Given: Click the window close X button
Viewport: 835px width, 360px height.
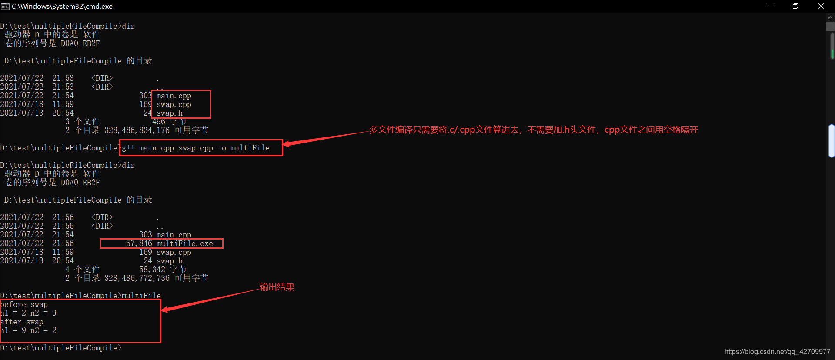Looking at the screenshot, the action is [x=821, y=6].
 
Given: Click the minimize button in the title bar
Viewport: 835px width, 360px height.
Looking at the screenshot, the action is [x=770, y=6].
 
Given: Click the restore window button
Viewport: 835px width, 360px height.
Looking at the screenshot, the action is [x=795, y=6].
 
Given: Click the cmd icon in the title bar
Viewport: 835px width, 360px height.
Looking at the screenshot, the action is [x=5, y=6].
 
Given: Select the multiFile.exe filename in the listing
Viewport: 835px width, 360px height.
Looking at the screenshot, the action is [x=185, y=243].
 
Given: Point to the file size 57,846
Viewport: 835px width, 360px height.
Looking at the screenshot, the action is [x=139, y=243].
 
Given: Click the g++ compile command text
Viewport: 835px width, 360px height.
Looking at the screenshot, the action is [x=196, y=148].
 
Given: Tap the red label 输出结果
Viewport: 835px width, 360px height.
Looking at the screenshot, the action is [x=277, y=287].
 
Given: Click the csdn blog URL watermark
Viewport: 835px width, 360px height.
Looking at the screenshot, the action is [x=777, y=352].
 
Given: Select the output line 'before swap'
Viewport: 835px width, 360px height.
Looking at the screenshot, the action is [x=24, y=304].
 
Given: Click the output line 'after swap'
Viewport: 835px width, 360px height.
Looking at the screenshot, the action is [x=22, y=322].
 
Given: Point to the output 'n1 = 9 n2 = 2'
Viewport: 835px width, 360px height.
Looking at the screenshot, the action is [x=28, y=330].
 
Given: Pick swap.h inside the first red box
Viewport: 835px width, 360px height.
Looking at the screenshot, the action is [x=170, y=113].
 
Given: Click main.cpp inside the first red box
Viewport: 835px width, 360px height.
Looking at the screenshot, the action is [x=174, y=96].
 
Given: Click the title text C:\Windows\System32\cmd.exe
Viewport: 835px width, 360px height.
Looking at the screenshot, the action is [x=62, y=6].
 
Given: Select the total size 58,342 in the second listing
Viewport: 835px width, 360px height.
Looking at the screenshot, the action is [x=152, y=270].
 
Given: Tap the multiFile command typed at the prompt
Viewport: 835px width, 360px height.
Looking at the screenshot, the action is [x=141, y=296].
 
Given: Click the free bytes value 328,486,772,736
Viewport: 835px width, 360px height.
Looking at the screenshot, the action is [x=137, y=278].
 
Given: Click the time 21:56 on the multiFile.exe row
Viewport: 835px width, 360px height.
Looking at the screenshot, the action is [x=63, y=243].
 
